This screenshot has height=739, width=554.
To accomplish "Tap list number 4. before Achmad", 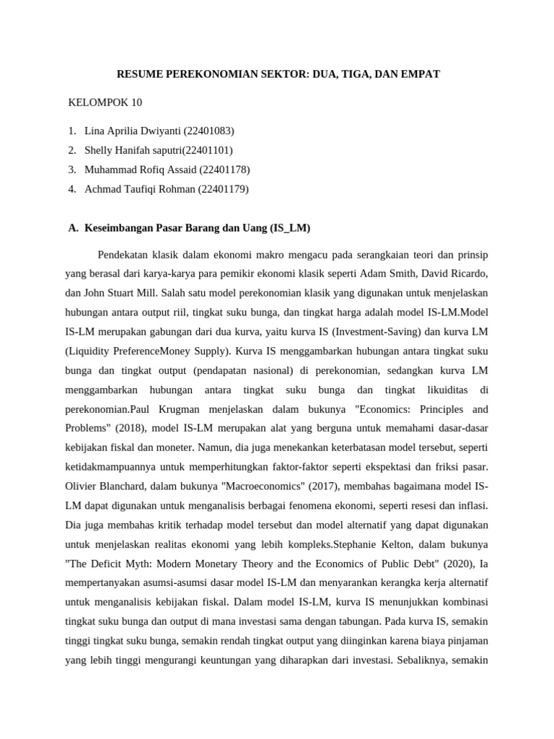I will click(x=72, y=189).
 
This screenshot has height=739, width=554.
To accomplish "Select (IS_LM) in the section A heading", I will click(x=290, y=228).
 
